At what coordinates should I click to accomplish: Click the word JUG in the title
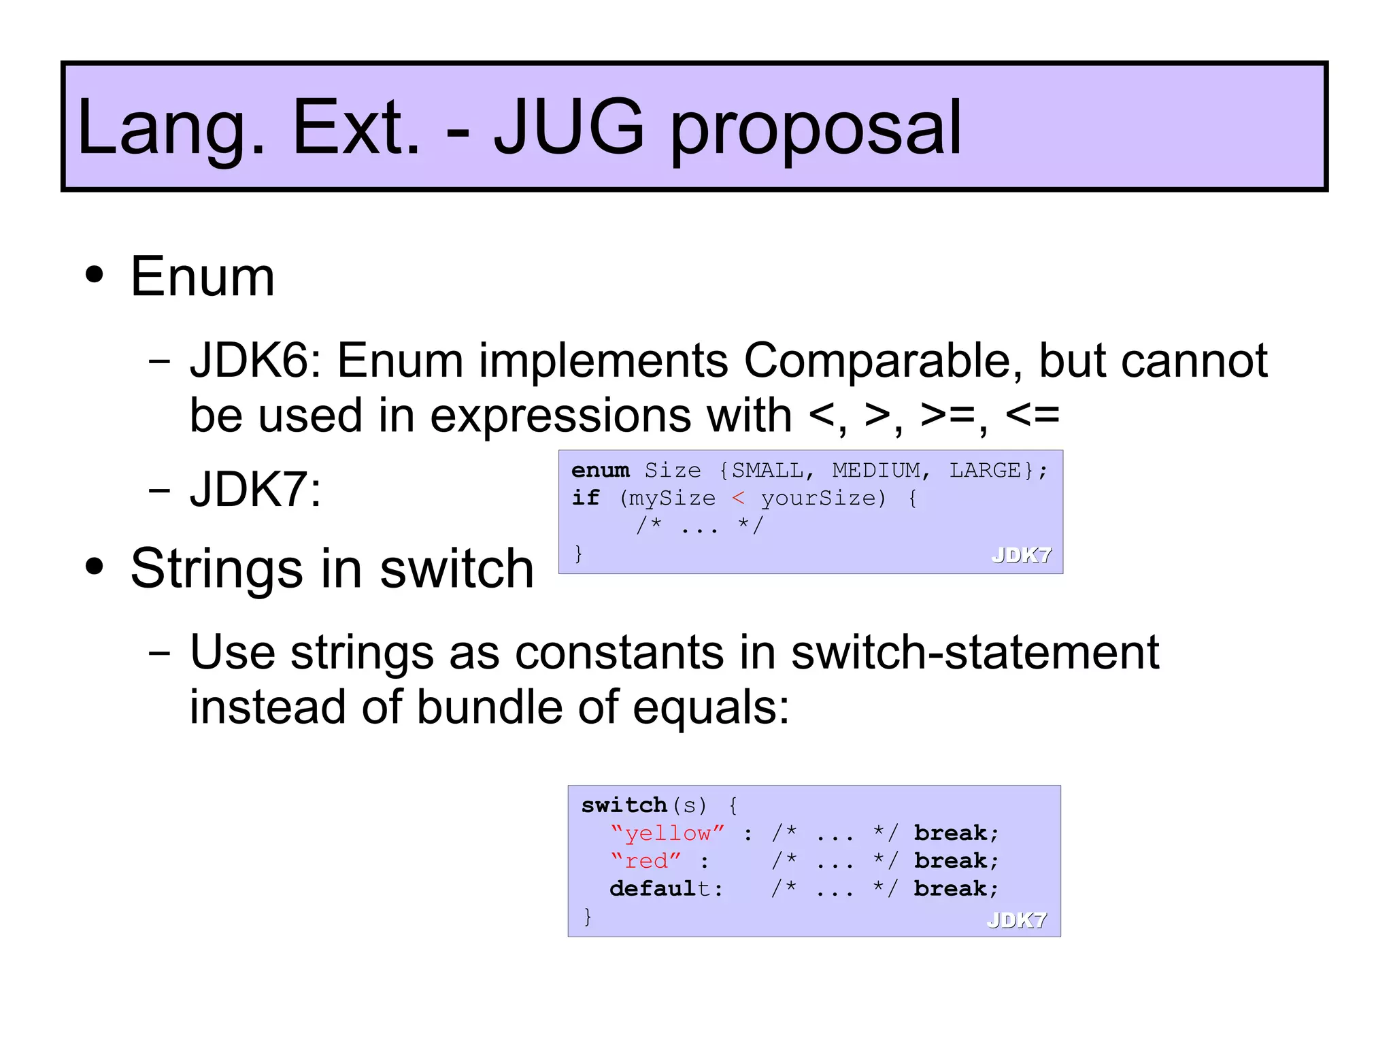569,127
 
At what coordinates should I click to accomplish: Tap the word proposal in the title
816,129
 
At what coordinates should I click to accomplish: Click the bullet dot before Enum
95,275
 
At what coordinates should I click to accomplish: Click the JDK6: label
255,360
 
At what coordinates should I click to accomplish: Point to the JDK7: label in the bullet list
255,489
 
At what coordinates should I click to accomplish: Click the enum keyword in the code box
600,471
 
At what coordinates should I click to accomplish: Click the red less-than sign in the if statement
738,499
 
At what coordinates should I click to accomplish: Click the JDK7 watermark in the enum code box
1021,555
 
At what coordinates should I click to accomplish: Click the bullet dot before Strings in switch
95,567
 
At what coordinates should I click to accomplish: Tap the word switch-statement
975,652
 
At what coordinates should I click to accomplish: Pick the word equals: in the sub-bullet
711,707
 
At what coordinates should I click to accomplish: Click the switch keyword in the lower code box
623,805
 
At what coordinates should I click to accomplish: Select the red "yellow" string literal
667,833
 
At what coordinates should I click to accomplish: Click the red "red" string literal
645,861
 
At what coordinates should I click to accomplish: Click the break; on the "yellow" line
956,833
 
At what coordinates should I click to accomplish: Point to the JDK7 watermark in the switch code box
1016,920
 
